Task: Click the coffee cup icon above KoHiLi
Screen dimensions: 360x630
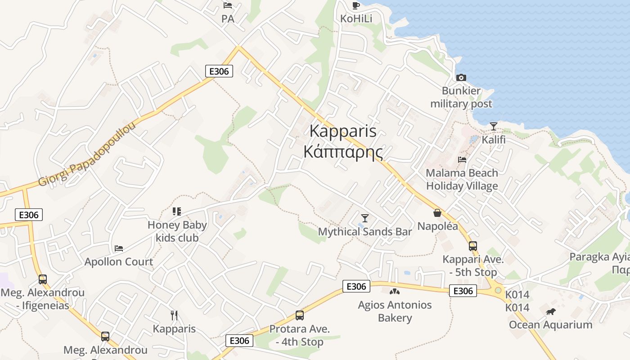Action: tap(355, 5)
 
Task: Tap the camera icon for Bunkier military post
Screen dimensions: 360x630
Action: tap(461, 78)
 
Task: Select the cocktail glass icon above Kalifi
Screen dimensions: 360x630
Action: tap(494, 126)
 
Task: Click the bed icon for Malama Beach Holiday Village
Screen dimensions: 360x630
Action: tap(462, 159)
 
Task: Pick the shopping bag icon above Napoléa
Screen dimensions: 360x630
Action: tap(437, 213)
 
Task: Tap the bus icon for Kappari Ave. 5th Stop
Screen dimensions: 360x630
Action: tap(472, 246)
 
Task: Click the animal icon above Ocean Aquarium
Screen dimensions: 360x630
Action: tap(550, 311)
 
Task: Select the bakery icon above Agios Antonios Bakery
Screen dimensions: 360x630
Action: tap(395, 292)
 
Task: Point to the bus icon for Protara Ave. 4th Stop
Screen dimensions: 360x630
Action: tap(299, 315)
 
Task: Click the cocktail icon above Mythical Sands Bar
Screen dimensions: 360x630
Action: tap(364, 218)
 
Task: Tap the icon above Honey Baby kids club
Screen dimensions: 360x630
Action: tap(177, 211)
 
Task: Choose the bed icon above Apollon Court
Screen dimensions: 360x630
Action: tap(119, 248)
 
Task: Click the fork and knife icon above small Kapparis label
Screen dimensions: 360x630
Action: tap(174, 315)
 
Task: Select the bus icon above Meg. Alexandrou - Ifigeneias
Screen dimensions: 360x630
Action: tap(43, 279)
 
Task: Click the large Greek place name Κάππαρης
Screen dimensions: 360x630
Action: tap(343, 152)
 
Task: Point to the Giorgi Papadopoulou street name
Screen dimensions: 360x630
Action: tap(87, 153)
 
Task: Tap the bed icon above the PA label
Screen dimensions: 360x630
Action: tap(228, 5)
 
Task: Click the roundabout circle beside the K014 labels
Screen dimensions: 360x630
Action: tap(498, 290)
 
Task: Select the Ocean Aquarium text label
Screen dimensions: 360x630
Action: tap(550, 325)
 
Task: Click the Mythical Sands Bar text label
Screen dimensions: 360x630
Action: tap(364, 232)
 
